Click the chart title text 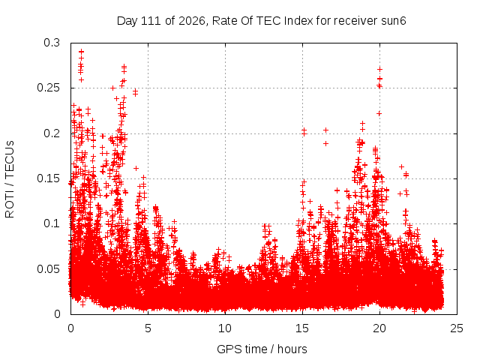(262, 21)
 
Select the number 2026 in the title (192, 21)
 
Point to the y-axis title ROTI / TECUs (10, 179)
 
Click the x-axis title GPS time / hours (262, 349)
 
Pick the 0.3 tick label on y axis (52, 43)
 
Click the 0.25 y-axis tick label (49, 88)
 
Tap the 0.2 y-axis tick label (52, 133)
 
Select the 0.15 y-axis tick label (49, 178)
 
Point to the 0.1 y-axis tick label (52, 223)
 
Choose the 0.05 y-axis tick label (49, 269)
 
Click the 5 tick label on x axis (148, 328)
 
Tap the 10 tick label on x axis (225, 328)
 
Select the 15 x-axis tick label (302, 328)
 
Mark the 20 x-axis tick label (379, 328)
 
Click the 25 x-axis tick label (457, 328)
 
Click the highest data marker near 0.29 (81, 52)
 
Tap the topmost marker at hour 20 (379, 70)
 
